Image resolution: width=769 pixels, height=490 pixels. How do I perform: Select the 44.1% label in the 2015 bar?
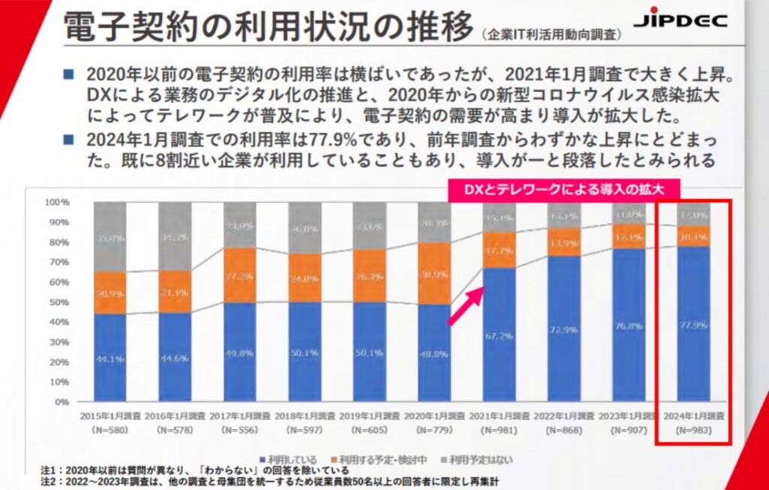click(x=110, y=359)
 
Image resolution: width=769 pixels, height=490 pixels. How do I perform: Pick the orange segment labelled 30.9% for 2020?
click(x=434, y=274)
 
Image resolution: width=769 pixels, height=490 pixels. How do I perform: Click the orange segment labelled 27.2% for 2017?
click(x=240, y=275)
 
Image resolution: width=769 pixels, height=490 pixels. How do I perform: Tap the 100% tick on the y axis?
click(x=58, y=202)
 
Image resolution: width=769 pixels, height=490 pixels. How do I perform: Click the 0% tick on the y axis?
click(x=63, y=402)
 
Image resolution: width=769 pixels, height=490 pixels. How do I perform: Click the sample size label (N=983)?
click(x=693, y=431)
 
